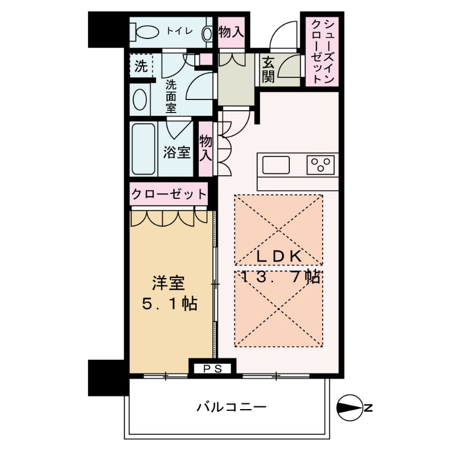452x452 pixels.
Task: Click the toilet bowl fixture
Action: pos(145,32)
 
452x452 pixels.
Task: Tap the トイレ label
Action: pos(179,31)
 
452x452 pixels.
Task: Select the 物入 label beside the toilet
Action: pos(231,32)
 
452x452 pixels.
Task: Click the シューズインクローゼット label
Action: pos(323,51)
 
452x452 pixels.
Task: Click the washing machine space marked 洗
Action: pos(141,66)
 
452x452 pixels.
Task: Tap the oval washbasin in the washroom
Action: pos(139,99)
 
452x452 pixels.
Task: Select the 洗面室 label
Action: pos(171,97)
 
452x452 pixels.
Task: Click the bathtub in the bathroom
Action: pos(144,149)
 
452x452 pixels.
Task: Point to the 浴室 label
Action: pos(177,152)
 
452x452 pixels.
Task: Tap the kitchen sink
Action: pos(276,165)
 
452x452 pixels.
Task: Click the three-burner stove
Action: pos(320,165)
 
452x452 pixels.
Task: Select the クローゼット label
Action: pos(169,194)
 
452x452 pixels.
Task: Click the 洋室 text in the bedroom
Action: pos(168,283)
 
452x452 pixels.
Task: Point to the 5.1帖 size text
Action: pos(169,303)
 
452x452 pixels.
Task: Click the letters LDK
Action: pos(279,257)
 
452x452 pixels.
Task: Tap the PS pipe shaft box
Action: pos(212,369)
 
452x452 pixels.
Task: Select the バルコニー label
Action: pos(232,407)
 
